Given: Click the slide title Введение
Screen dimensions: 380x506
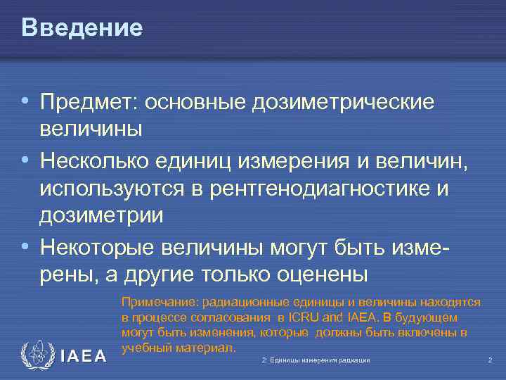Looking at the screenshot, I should click(82, 27).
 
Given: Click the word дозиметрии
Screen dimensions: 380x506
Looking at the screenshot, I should click(102, 215).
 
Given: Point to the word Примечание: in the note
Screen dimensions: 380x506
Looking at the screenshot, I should click(160, 303).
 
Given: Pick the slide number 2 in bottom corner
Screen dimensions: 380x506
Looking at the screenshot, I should click(490, 360).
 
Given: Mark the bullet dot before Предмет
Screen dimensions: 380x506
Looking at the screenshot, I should click(26, 102).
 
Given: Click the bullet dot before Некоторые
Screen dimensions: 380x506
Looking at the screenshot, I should click(26, 248).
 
